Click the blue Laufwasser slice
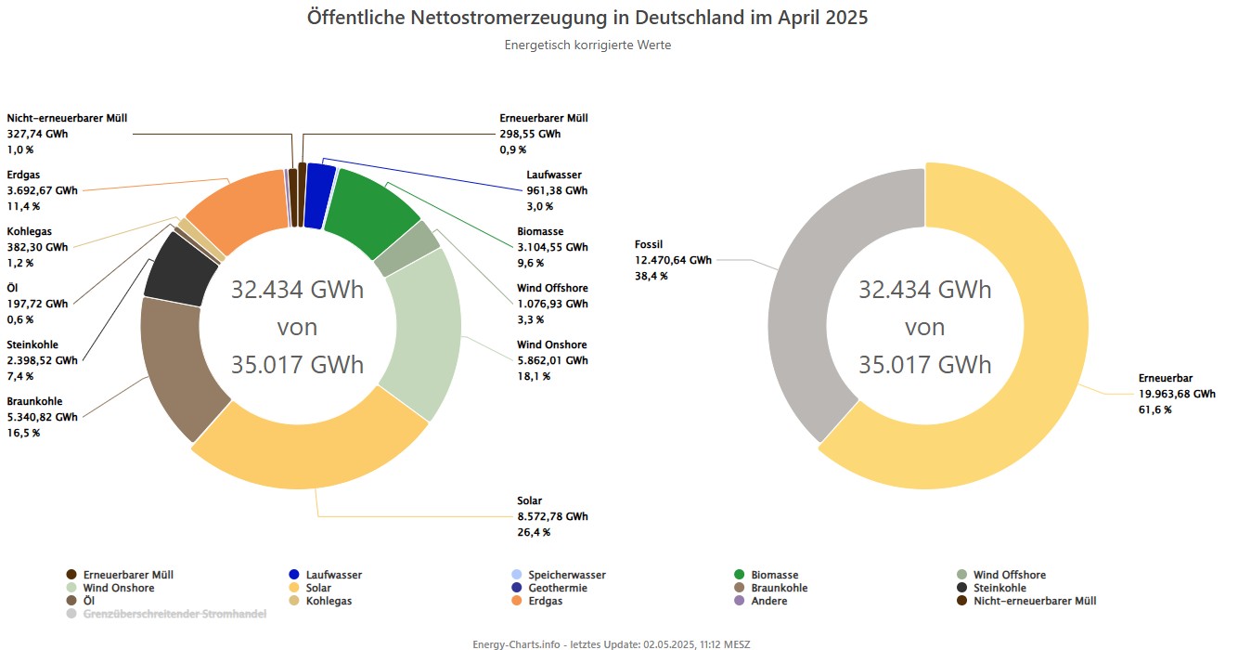point(318,195)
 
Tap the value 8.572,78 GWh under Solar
point(552,517)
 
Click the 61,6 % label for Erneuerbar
point(1154,409)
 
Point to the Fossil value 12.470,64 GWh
point(673,261)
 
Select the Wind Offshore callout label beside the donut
point(552,288)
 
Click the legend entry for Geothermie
point(557,588)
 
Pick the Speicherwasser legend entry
point(566,575)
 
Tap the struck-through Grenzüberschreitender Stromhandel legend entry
point(174,614)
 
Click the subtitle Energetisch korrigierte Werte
point(587,45)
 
